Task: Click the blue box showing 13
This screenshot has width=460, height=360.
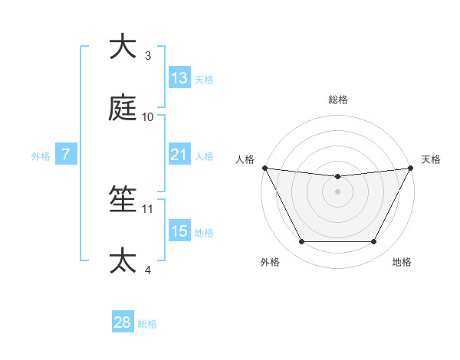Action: click(x=179, y=78)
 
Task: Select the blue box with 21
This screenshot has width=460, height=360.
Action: click(x=179, y=155)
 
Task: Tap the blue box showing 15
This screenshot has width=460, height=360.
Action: click(x=179, y=231)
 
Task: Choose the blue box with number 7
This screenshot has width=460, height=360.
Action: click(x=66, y=155)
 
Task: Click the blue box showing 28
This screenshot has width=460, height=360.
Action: click(x=123, y=322)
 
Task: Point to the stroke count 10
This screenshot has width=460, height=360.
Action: click(x=148, y=117)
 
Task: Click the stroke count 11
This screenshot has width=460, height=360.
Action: click(x=148, y=208)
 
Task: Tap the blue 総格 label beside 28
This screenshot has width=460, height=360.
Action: click(x=147, y=324)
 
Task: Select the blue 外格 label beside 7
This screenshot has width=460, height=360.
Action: click(x=41, y=156)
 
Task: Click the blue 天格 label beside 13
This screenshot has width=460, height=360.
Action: click(x=204, y=80)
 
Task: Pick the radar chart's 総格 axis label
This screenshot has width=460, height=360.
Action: click(x=338, y=100)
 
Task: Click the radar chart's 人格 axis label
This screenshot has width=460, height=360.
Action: click(x=245, y=159)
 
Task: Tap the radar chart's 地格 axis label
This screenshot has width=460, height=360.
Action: click(x=402, y=262)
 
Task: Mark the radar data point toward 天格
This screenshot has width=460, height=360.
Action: click(x=411, y=168)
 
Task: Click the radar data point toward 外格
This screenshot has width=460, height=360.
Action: click(x=301, y=242)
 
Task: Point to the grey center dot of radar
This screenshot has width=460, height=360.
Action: click(x=338, y=191)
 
